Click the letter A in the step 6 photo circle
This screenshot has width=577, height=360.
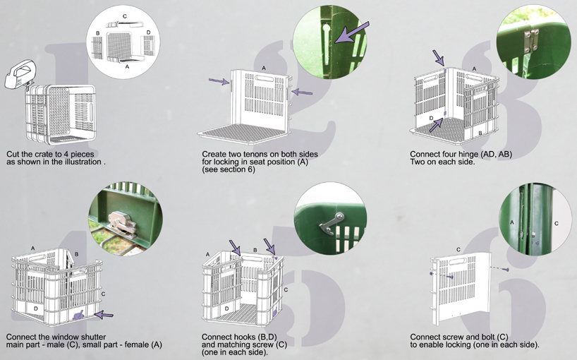512,221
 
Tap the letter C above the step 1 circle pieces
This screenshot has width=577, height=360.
125,16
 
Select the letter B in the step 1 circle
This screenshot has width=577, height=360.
97,33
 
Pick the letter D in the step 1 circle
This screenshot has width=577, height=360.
148,32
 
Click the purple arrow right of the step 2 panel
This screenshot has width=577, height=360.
301,92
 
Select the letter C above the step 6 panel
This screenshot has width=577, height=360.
458,249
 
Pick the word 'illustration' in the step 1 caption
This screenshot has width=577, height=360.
83,162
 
